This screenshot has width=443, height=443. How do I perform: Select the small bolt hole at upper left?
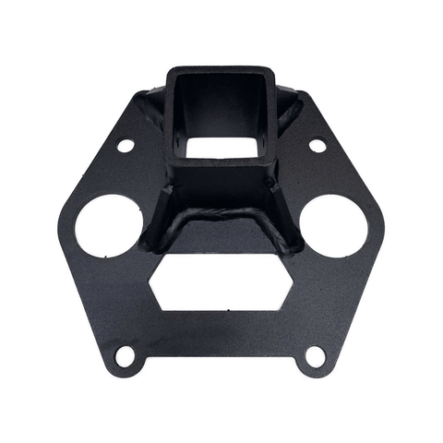[x=126, y=146]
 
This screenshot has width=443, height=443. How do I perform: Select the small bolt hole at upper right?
[x=317, y=145]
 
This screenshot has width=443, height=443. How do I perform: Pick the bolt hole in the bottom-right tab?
[x=314, y=353]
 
